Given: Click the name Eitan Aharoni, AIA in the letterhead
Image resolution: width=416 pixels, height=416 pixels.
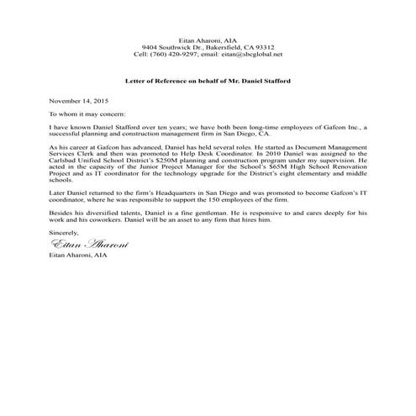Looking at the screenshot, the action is [x=208, y=39].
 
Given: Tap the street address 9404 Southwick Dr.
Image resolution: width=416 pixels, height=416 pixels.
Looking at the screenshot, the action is [x=169, y=47].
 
